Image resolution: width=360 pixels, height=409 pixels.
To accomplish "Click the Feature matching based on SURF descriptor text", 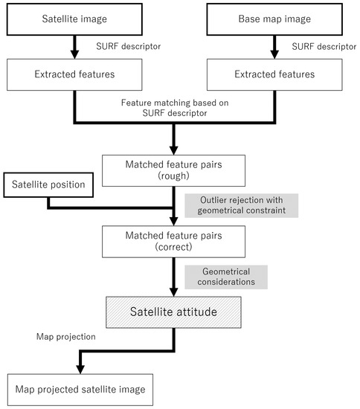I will pyautogui.click(x=173, y=106).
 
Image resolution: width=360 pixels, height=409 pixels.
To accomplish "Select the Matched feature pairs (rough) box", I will pyautogui.click(x=173, y=170).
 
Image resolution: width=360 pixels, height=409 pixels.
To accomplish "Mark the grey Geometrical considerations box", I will pyautogui.click(x=226, y=277).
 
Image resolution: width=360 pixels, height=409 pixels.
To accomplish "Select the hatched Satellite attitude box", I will pyautogui.click(x=173, y=312).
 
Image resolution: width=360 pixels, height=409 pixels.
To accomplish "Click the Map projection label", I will pyautogui.click(x=66, y=337).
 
